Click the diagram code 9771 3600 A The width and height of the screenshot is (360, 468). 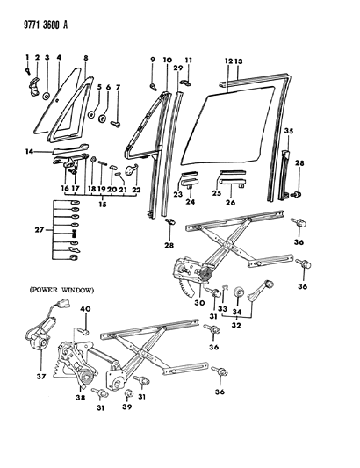46,25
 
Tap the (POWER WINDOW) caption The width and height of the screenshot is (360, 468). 61,290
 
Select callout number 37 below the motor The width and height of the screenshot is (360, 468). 41,377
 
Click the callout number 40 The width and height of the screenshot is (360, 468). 86,309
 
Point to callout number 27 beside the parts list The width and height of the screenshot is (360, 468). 40,230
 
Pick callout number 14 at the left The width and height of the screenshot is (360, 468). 30,152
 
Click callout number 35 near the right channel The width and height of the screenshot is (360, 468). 289,131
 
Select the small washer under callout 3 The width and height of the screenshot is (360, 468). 47,96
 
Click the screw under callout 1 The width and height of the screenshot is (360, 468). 28,71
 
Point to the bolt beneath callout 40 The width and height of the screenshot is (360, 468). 83,331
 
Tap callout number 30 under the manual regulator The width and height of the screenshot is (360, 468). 199,303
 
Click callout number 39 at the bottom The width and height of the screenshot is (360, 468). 126,407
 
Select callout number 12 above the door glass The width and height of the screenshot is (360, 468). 228,61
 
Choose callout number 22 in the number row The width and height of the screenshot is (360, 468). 136,190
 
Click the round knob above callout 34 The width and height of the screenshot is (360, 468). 239,292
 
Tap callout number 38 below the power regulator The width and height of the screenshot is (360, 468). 81,398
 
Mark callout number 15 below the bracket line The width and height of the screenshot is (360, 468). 103,205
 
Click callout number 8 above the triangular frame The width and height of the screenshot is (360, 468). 86,58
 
